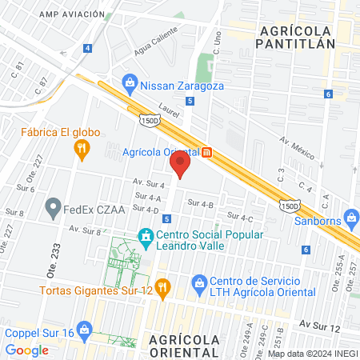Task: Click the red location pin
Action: pyautogui.click(x=180, y=165)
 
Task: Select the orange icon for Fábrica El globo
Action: pyautogui.click(x=81, y=148)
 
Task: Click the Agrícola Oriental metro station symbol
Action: pyautogui.click(x=206, y=152)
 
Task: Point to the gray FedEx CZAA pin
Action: pyautogui.click(x=54, y=210)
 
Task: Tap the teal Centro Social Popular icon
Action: pyautogui.click(x=146, y=238)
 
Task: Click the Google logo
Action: pyautogui.click(x=26, y=350)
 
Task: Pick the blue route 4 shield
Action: pyautogui.click(x=86, y=48)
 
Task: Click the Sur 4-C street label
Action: pyautogui.click(x=240, y=217)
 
